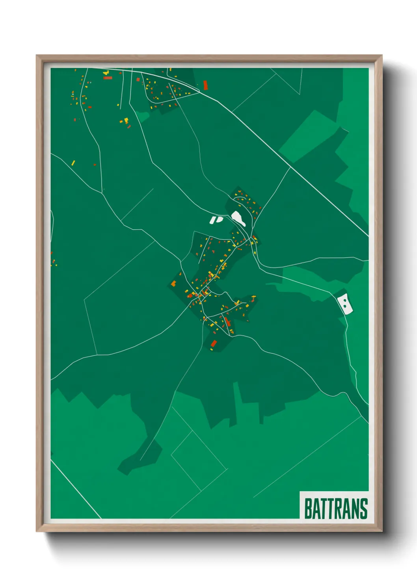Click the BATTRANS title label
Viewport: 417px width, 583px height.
(336, 509)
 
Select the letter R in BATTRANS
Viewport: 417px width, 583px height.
(337, 509)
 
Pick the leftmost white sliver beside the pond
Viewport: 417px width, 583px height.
(212, 220)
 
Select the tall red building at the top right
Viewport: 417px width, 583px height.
(205, 85)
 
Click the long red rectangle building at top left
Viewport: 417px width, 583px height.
(108, 78)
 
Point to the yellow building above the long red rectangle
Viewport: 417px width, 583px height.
(105, 73)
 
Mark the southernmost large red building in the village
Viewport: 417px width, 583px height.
(214, 343)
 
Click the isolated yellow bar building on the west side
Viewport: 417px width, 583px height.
(73, 163)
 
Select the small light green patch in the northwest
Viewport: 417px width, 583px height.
(143, 116)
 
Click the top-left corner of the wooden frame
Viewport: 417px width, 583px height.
(37, 56)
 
